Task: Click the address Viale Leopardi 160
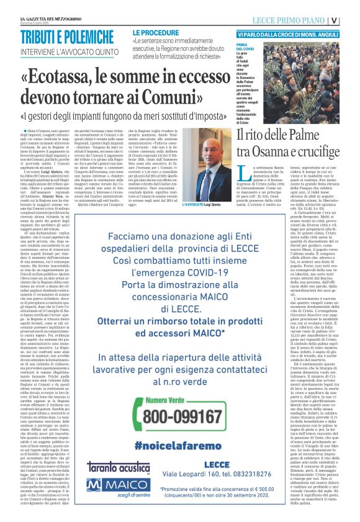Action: coord(211,478)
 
